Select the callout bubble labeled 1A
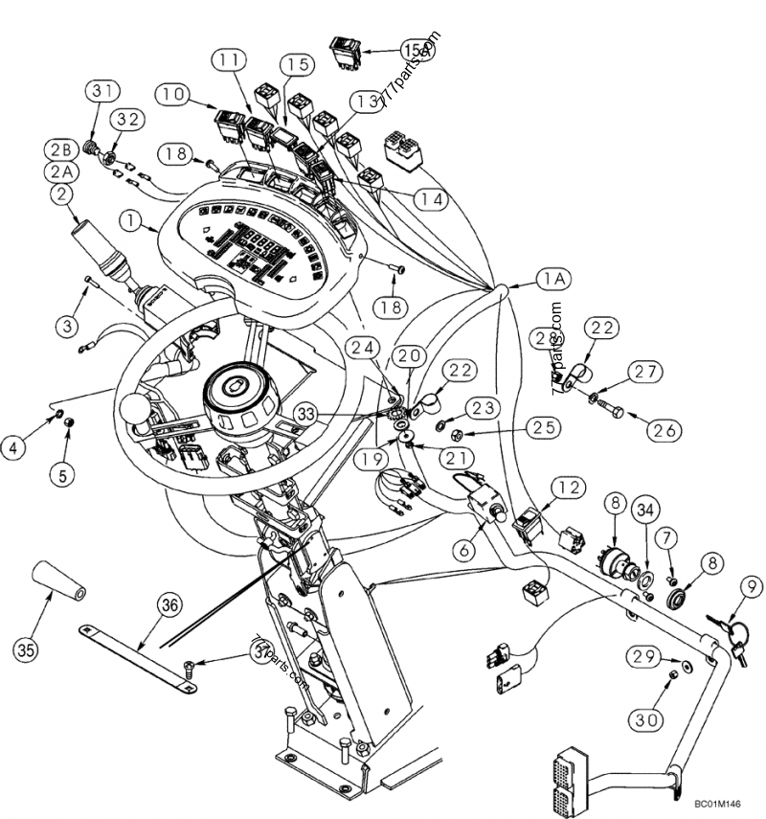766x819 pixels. coord(552,278)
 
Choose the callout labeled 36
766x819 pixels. coord(169,604)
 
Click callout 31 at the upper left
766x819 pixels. coord(102,92)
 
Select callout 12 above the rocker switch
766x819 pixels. coord(568,489)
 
